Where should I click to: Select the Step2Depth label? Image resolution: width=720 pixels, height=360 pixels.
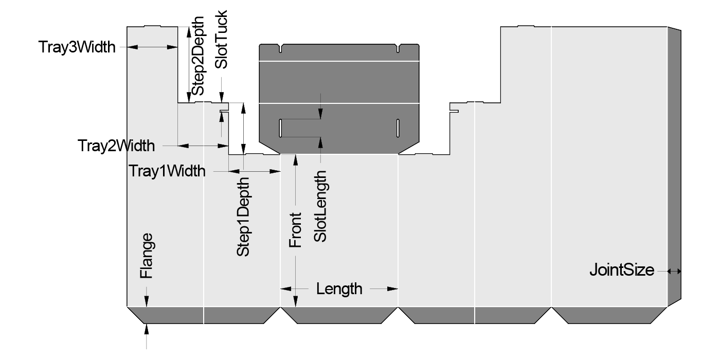click(x=197, y=55)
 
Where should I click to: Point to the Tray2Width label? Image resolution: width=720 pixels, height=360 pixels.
click(x=116, y=146)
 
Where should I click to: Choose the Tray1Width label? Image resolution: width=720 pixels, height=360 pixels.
click(x=167, y=171)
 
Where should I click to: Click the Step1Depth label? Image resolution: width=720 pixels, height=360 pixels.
click(x=243, y=217)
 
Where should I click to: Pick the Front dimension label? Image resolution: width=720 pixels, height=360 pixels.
click(x=295, y=230)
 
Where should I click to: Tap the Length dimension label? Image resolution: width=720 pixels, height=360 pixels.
click(x=339, y=289)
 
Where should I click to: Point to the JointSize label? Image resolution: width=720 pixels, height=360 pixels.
click(x=622, y=269)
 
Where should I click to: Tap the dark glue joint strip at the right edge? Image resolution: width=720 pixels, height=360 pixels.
click(x=674, y=165)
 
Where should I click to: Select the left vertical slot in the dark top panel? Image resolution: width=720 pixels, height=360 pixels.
click(x=280, y=128)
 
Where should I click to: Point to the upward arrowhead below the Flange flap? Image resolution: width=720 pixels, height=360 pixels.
click(x=147, y=328)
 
